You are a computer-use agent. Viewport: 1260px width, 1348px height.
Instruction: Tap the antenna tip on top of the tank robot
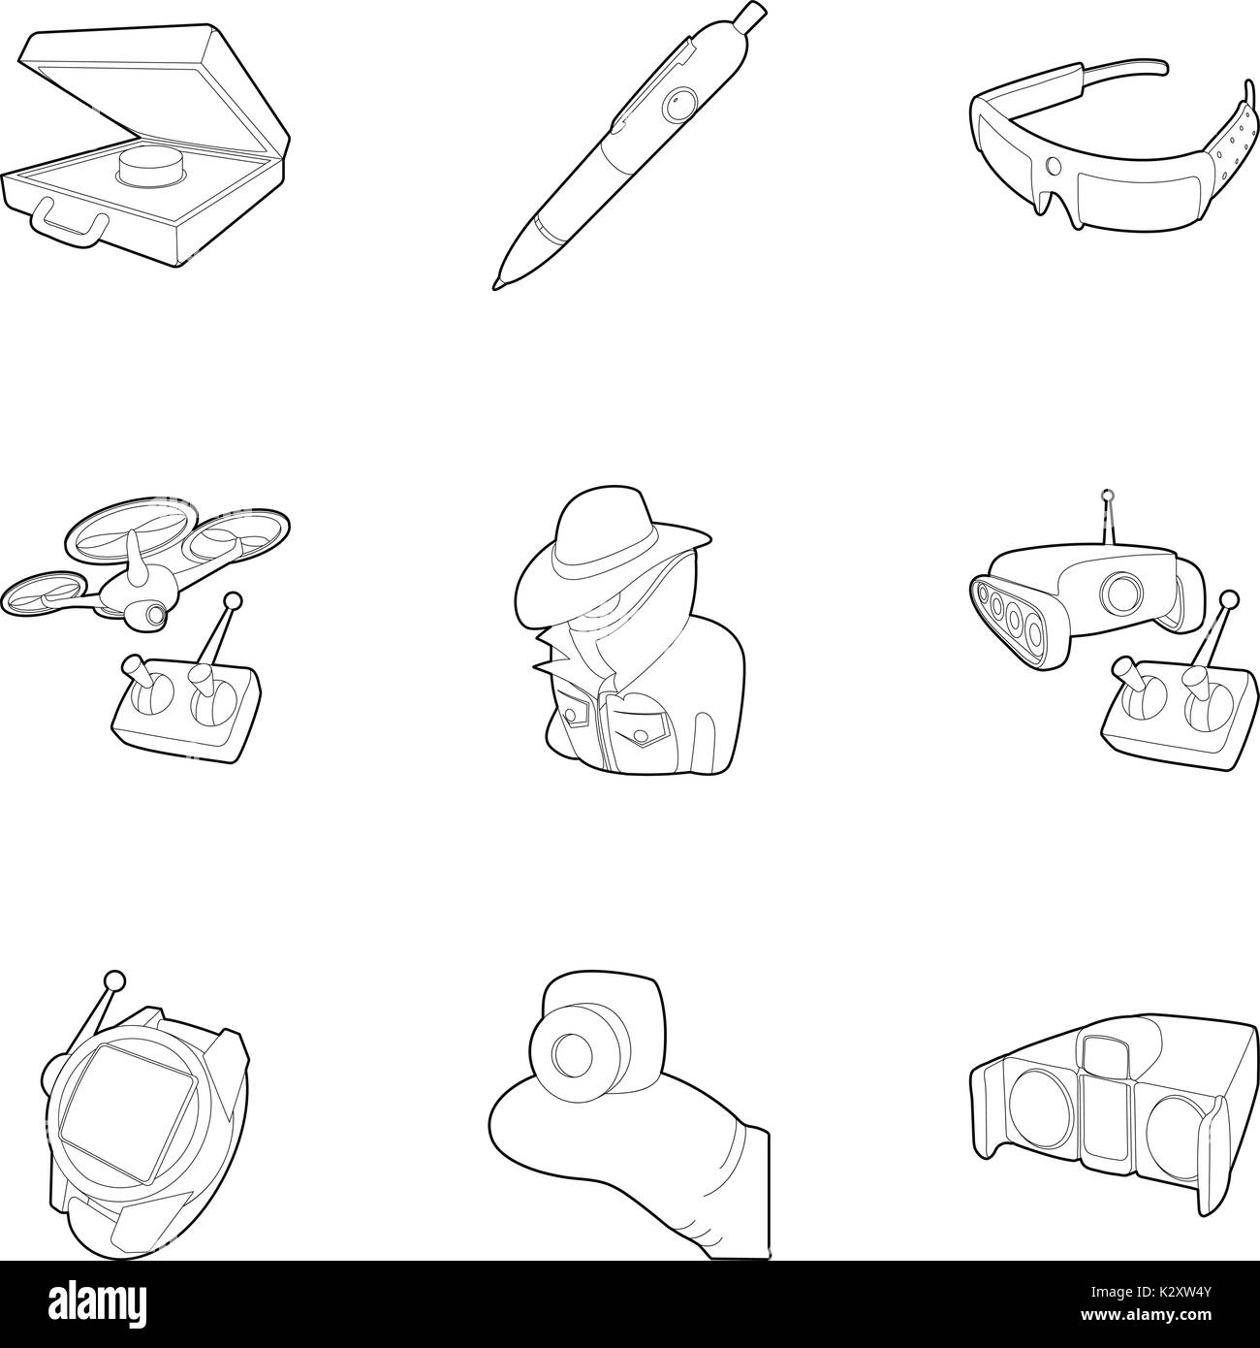click(1107, 497)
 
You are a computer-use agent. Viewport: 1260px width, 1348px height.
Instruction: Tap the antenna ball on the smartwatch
click(116, 979)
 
